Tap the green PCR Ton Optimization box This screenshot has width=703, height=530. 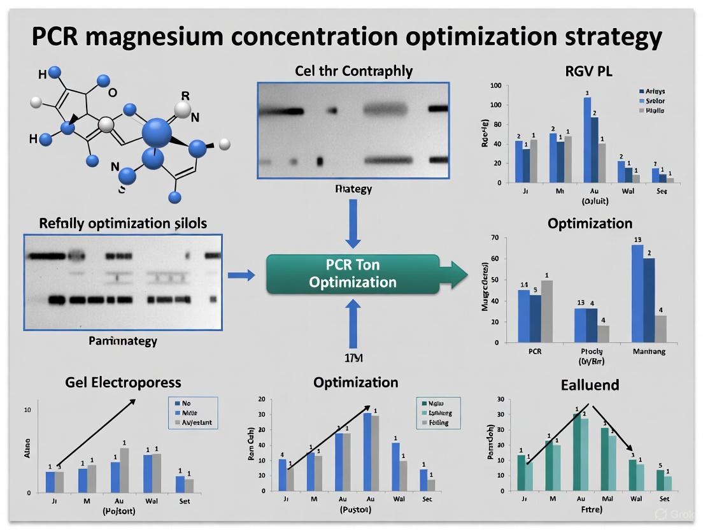[352, 274]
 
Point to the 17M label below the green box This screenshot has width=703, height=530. [353, 358]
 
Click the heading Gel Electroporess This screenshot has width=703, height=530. [123, 382]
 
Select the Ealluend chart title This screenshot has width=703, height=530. [590, 385]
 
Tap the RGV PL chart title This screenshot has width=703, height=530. [588, 71]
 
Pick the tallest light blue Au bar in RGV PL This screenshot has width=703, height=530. [586, 140]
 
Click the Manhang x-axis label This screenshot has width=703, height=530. [649, 351]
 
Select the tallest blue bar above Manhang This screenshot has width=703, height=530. [637, 293]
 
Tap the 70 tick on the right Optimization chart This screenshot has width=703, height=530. [494, 238]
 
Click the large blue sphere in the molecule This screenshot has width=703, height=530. [157, 134]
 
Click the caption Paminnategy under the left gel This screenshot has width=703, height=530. [122, 341]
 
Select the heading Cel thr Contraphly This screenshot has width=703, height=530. [353, 71]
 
